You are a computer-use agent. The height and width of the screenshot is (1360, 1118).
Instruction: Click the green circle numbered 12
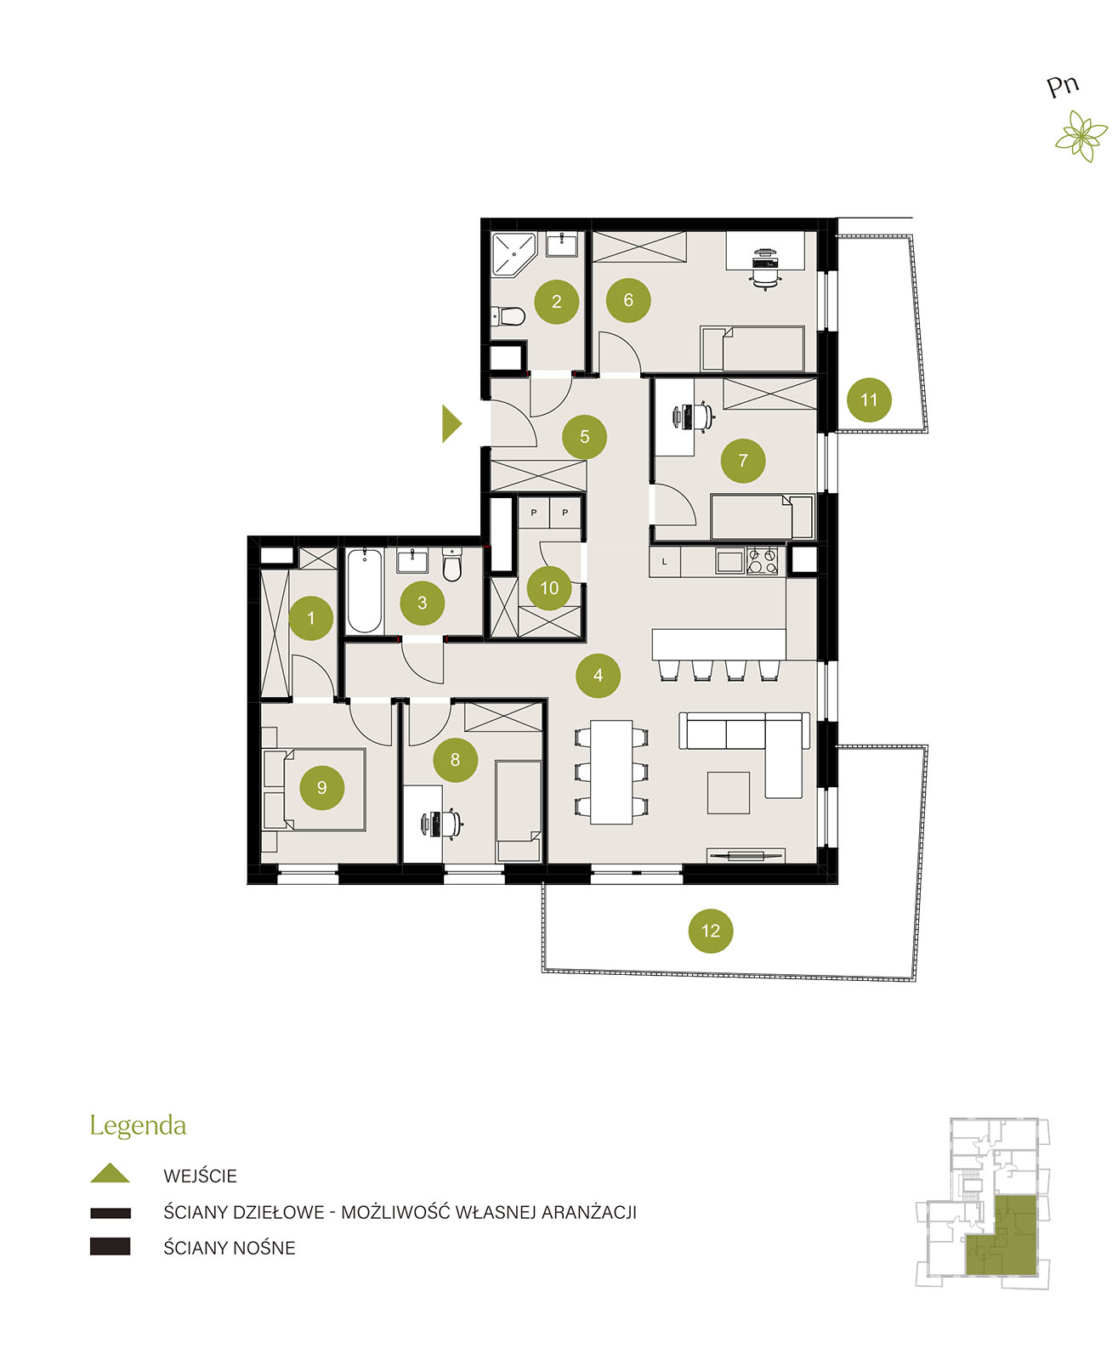pos(710,931)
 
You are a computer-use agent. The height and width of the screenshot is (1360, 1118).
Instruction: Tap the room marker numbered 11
pos(869,399)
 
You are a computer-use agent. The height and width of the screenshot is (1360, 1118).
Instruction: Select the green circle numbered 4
pos(598,675)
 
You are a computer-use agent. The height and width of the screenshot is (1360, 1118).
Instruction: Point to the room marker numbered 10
pos(549,588)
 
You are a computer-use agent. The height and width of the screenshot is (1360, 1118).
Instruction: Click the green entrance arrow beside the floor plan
pos(451,423)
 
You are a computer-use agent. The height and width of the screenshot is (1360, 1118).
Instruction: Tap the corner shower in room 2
pos(514,254)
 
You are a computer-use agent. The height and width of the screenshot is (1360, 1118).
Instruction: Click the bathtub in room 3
pos(365,590)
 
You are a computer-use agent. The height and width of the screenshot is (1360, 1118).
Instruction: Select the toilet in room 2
pos(509,316)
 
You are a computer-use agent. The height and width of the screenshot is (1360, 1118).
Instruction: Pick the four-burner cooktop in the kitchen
pos(762,561)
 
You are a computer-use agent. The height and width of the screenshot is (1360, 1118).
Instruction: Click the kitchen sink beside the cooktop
pos(729,561)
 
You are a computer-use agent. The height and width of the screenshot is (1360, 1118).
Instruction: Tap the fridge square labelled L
pos(665,562)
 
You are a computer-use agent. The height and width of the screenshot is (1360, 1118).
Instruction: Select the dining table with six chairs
pos(611,772)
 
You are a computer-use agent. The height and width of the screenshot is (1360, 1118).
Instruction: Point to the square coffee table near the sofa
pos(729,792)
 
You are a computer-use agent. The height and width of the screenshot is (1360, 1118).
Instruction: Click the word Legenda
pos(138,1126)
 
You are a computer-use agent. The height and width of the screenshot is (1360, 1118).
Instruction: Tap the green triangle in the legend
pos(111,1172)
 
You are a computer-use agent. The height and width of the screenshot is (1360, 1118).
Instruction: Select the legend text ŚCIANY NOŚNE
pos(229,1248)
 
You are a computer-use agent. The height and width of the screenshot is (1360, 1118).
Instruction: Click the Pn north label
pos(1063,87)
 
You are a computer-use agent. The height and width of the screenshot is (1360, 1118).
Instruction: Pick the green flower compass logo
pos(1082,135)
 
